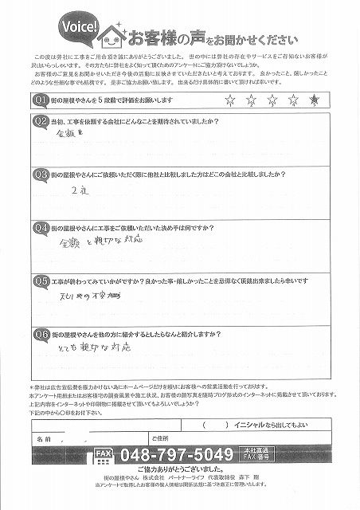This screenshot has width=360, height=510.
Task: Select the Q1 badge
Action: point(40,99)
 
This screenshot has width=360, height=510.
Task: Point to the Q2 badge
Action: point(40,121)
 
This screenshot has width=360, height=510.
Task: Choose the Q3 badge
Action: point(40,173)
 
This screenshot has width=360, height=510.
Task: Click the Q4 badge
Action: point(40,227)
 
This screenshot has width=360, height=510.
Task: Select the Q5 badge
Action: point(40,280)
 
